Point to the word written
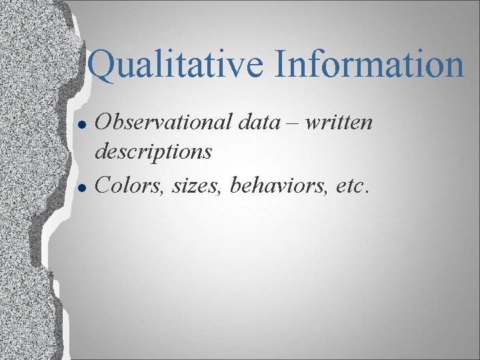tap(339, 123)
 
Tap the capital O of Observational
tap(105, 123)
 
